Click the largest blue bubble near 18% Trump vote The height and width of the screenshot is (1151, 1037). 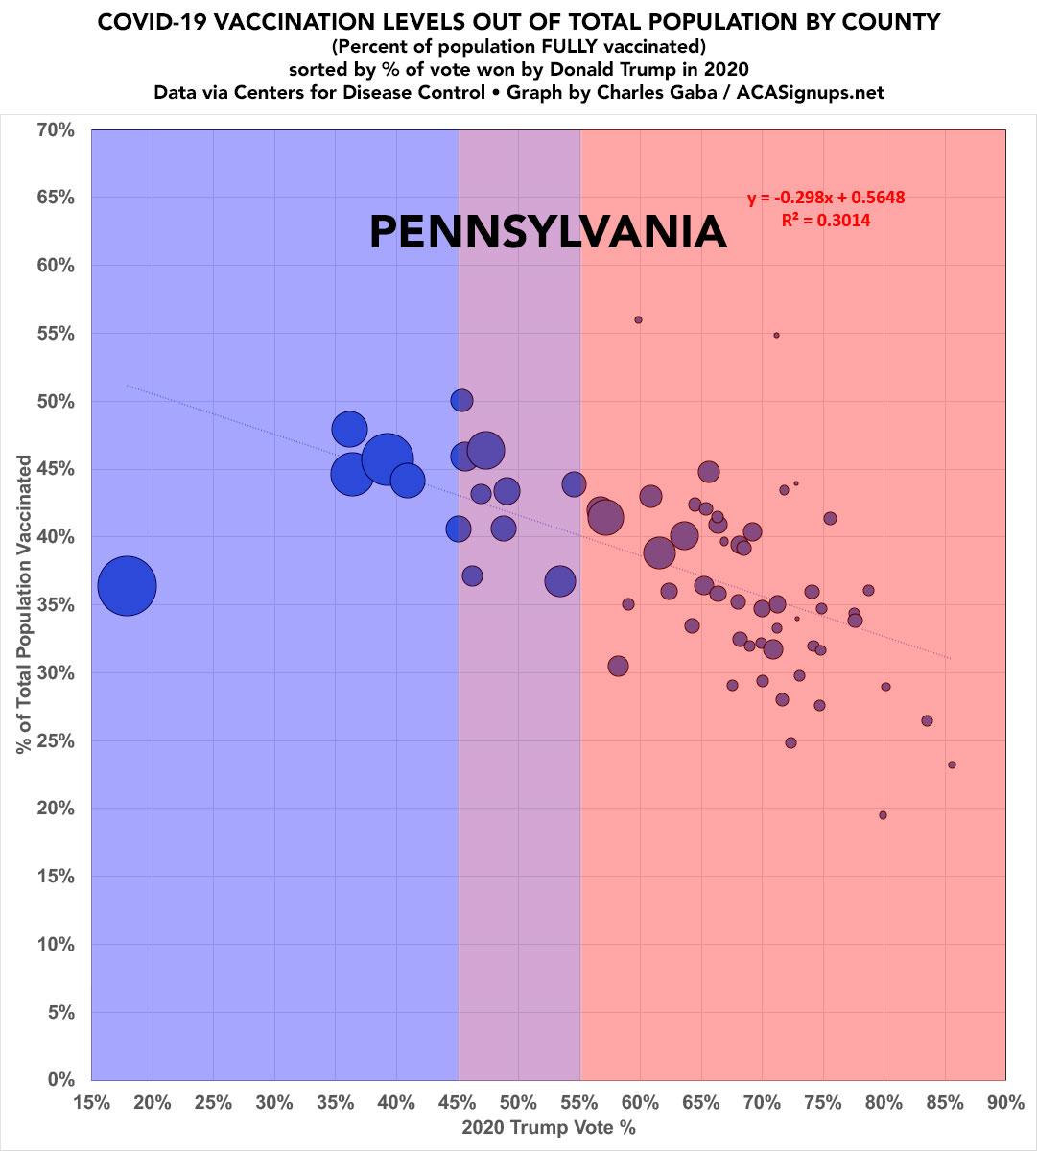(x=127, y=586)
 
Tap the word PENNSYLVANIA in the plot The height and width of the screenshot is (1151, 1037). (x=548, y=233)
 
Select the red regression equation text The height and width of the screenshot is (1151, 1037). (x=826, y=198)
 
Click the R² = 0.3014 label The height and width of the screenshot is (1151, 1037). (x=826, y=220)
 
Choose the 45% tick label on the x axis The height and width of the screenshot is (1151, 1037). (x=458, y=1103)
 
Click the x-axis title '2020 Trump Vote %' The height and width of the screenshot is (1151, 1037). (x=549, y=1128)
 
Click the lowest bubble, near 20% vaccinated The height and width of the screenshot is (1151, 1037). (x=883, y=815)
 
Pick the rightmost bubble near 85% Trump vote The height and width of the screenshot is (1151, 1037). (x=952, y=764)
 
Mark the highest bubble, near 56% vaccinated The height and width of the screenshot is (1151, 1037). (x=638, y=319)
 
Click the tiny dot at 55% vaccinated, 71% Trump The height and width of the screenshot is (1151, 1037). (x=776, y=335)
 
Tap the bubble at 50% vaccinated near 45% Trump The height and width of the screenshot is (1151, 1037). (x=461, y=400)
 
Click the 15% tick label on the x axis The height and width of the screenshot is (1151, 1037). (x=91, y=1103)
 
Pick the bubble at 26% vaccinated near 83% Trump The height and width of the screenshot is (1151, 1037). (x=927, y=720)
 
